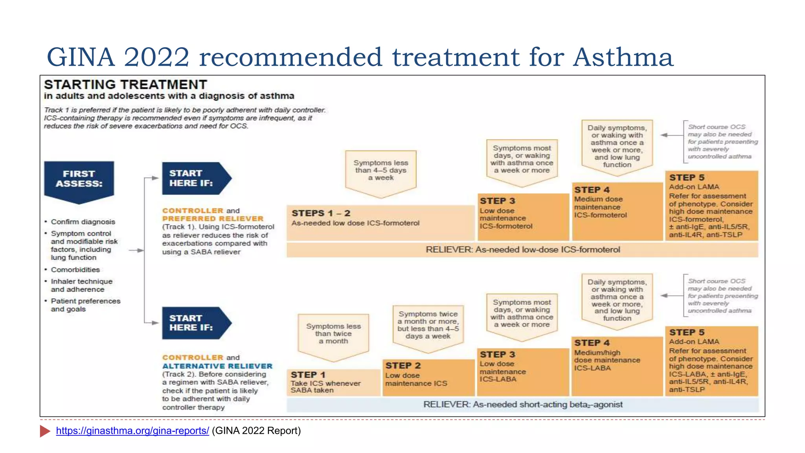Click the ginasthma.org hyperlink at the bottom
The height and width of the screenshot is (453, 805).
point(132,431)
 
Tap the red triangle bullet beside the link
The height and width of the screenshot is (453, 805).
point(45,431)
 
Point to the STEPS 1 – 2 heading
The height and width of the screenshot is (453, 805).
point(321,213)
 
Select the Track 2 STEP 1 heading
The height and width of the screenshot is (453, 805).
point(308,375)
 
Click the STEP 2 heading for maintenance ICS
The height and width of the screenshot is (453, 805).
point(403,365)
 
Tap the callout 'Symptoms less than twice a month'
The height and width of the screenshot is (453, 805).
point(333,334)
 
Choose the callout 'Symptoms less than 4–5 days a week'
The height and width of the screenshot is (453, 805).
point(380,170)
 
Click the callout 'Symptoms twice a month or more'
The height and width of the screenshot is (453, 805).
point(428,325)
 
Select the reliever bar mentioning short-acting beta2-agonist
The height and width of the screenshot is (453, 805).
point(523,405)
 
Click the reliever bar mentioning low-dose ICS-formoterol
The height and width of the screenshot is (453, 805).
point(523,250)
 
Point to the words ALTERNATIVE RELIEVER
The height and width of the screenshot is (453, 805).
point(217,366)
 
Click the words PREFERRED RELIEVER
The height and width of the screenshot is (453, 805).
point(213,219)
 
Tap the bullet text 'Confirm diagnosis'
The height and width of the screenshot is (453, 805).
point(83,222)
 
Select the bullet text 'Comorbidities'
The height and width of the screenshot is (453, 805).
point(75,270)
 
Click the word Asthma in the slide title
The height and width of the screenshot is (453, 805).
point(623,57)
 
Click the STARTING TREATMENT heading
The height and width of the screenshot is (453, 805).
point(125,85)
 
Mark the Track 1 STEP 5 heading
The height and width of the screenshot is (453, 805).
point(687,178)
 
